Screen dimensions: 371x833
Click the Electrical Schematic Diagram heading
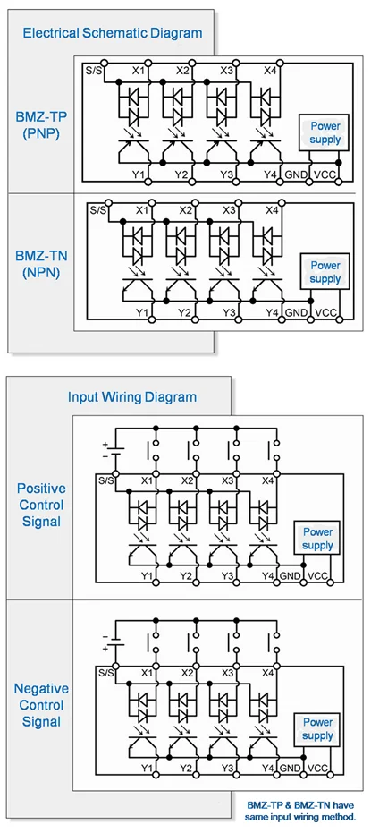(113, 33)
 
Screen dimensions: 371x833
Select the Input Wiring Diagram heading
(132, 397)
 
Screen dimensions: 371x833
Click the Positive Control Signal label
(41, 505)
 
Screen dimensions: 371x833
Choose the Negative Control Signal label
(41, 705)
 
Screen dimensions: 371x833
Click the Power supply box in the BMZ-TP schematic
(325, 133)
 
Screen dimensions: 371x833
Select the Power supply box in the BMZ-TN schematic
(325, 271)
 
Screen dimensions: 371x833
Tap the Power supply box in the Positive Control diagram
(317, 539)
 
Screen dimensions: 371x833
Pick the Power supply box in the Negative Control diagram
(317, 729)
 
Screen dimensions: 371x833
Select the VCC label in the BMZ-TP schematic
(324, 174)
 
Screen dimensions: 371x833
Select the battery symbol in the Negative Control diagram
(114, 642)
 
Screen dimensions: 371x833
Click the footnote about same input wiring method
(299, 812)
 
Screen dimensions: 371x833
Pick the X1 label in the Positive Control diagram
(148, 480)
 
